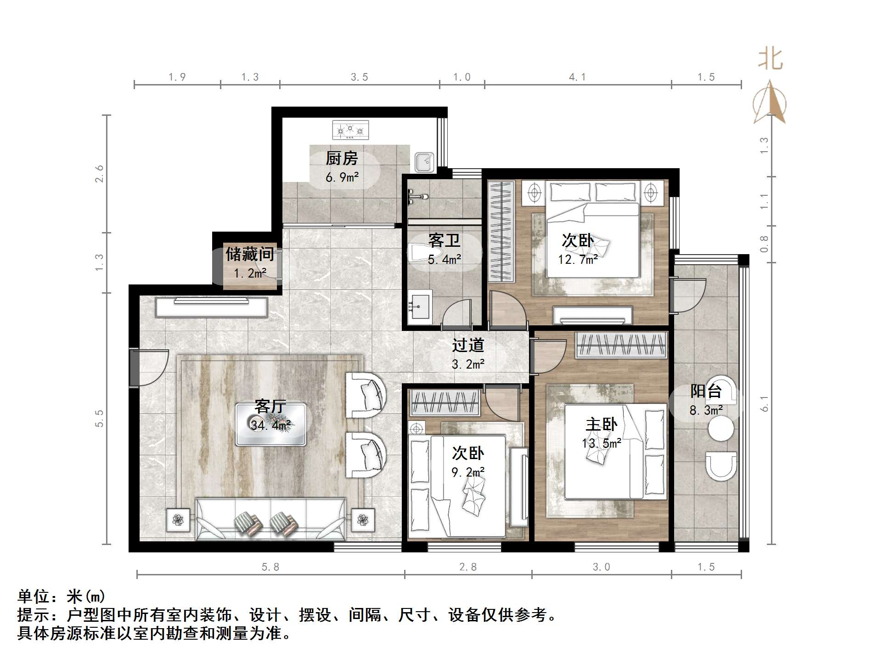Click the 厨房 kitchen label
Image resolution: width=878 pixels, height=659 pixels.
342,159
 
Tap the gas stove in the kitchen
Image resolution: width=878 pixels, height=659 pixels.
350,130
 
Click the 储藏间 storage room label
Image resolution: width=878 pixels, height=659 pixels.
250,254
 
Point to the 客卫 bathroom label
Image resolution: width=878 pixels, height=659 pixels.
444,240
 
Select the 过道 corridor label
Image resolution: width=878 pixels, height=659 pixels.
468,346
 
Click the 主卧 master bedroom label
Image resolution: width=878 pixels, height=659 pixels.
601,425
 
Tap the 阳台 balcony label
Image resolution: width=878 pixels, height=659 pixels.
706,392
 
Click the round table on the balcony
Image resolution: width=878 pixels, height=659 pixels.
721,429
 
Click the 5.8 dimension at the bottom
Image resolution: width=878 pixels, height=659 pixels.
270,567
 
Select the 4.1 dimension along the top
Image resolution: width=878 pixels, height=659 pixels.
577,77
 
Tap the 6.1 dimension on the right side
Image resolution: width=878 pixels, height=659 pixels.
764,403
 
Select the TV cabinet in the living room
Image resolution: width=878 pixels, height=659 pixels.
211,307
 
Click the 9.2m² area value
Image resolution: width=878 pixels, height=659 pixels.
468,472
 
